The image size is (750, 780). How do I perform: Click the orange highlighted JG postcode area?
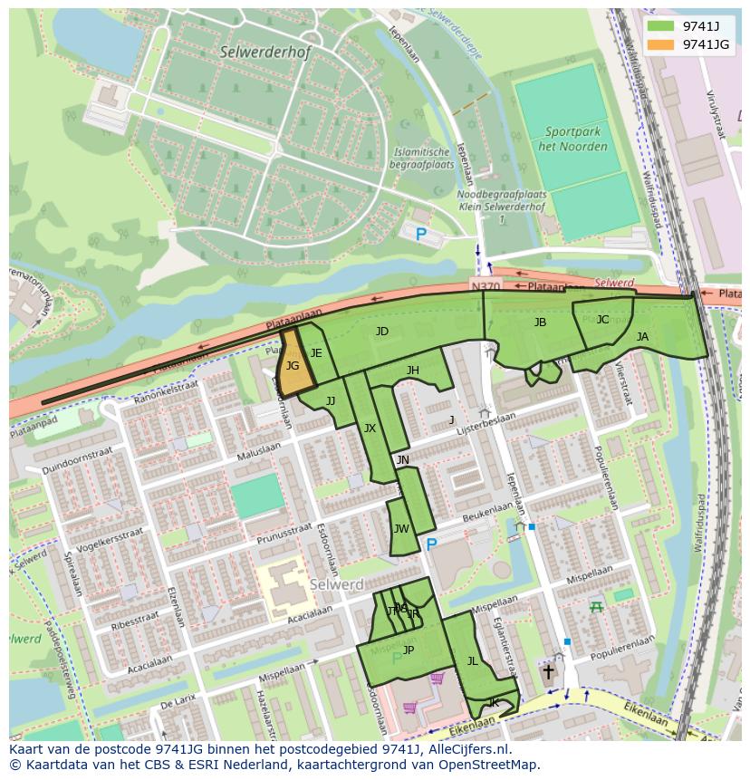coord(293,367)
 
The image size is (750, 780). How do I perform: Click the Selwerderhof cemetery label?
coord(264,53)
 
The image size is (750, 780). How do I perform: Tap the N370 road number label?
coord(485,286)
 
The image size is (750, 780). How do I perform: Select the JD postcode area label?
coord(381,332)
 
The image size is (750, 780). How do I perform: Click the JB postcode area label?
coord(540,322)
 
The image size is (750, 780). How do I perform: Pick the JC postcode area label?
coord(602,319)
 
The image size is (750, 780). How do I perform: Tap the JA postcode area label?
coord(642,336)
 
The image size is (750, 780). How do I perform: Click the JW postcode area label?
coord(401,529)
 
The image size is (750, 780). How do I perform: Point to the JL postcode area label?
coord(472,661)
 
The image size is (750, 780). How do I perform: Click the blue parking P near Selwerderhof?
coord(420,235)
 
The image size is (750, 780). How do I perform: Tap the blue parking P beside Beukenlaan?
coord(431,544)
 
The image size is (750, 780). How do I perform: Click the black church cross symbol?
coord(547,671)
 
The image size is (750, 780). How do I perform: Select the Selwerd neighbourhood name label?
coord(336,585)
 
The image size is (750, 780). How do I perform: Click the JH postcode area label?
coord(412,370)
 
